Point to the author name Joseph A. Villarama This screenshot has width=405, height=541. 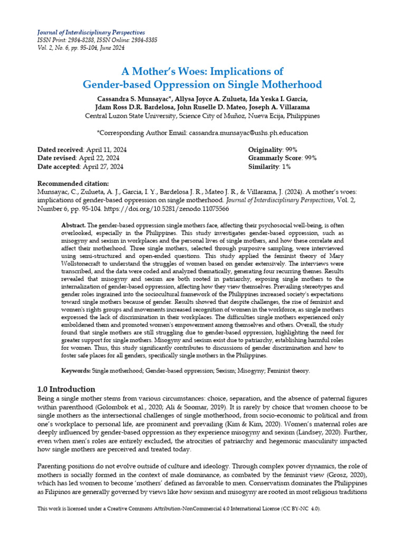(286, 107)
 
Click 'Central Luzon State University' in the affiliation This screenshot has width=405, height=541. (129, 116)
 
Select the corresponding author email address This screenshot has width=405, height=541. (248, 133)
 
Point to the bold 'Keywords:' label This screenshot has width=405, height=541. (76, 371)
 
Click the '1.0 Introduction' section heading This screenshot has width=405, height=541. (66, 389)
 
